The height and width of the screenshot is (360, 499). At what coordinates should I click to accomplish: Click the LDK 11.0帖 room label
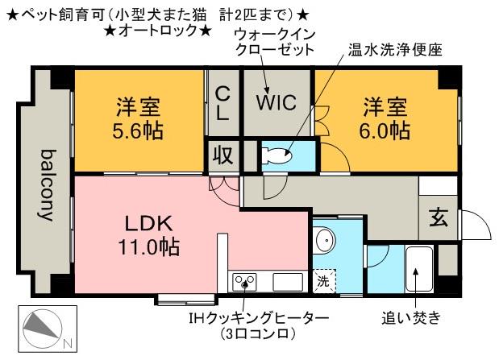click(148, 235)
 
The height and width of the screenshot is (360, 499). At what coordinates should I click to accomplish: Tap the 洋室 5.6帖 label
click(138, 118)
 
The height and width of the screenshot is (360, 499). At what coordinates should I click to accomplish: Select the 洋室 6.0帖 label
click(385, 118)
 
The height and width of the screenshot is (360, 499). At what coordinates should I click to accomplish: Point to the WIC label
click(277, 102)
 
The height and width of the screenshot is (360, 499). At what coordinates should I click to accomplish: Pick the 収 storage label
click(223, 155)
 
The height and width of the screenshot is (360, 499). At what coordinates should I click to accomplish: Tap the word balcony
click(47, 185)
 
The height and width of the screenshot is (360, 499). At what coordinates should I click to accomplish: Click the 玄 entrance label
click(439, 218)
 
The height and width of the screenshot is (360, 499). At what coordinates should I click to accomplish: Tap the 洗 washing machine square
click(323, 281)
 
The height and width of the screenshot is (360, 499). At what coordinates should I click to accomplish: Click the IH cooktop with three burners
click(244, 282)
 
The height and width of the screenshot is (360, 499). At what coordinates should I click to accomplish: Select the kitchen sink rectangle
click(288, 282)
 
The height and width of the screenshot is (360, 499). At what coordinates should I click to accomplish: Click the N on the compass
click(68, 343)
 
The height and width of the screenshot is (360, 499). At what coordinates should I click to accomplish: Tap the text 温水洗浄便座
click(395, 50)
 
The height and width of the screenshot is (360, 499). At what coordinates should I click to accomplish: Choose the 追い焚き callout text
click(411, 317)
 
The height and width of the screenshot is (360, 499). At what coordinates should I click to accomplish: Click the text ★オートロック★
click(158, 31)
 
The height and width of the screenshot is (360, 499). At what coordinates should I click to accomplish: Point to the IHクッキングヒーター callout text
click(259, 317)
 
